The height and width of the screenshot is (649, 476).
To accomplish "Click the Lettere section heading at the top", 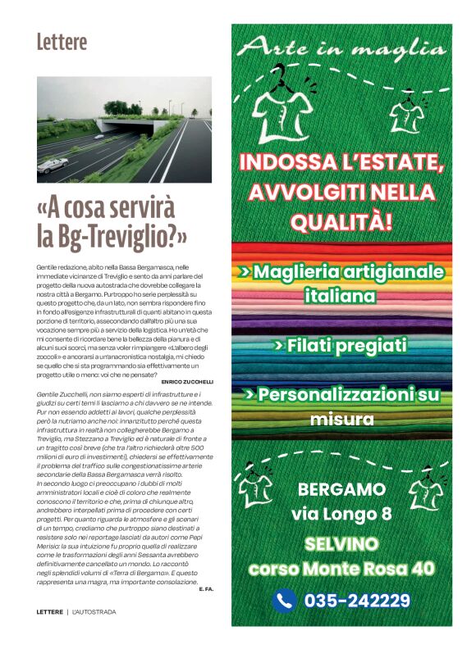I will coord(62,41).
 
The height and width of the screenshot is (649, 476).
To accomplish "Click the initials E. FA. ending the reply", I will coord(206,588).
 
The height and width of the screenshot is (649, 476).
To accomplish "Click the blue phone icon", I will coord(284,601).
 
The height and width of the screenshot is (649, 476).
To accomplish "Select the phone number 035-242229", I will coord(357,601).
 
